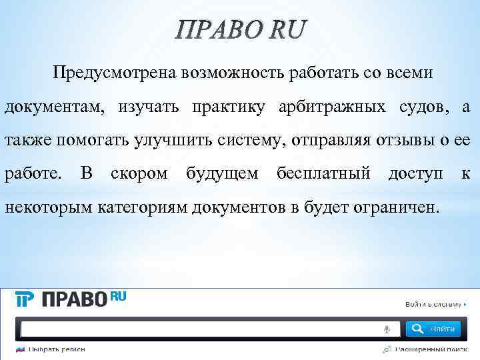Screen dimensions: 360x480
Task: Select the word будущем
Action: point(221,174)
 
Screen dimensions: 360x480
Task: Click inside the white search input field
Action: point(200,329)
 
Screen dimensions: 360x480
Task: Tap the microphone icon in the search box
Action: point(387,329)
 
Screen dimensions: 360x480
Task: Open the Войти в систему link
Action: point(433,305)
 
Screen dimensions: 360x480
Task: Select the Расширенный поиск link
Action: point(427,349)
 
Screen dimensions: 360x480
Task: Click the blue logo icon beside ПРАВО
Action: point(25,300)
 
